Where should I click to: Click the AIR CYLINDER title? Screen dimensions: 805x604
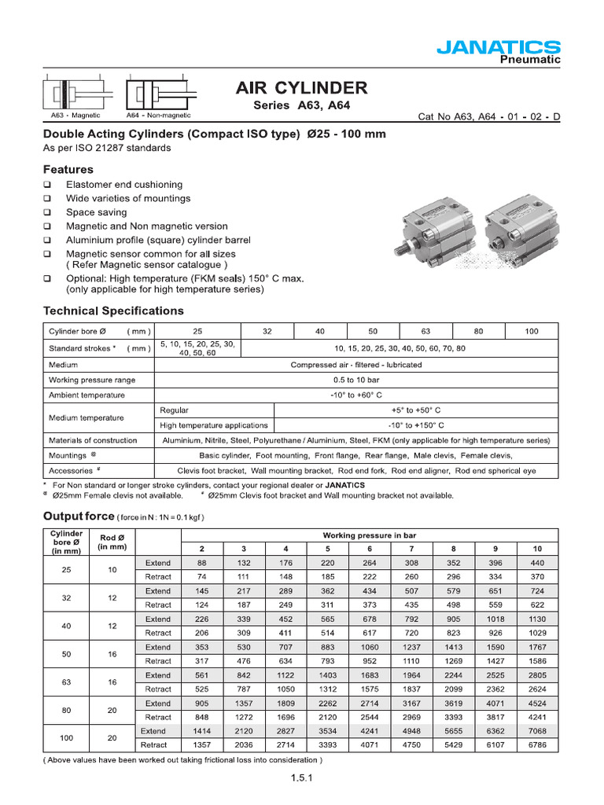301,87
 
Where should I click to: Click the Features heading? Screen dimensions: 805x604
68,169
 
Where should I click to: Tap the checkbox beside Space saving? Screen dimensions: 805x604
47,212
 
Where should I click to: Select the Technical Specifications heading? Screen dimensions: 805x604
113,311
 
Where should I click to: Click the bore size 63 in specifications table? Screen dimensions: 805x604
425,331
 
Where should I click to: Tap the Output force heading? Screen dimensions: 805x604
78,516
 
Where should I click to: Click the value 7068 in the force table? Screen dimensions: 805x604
536,731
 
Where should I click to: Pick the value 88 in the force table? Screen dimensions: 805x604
201,563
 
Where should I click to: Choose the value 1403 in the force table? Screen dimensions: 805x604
327,675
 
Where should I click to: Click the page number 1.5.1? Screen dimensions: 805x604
303,779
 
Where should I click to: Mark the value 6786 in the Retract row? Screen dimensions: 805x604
536,745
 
